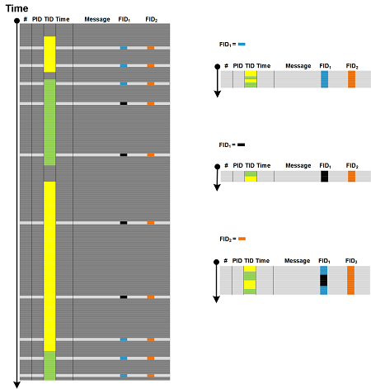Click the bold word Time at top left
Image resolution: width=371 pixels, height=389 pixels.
tap(16, 8)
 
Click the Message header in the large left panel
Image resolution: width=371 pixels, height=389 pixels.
tap(97, 19)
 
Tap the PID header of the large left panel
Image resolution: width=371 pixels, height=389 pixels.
tap(37, 19)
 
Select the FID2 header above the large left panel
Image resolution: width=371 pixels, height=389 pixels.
tap(152, 19)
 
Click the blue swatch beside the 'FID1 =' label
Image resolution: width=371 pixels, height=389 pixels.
tap(242, 44)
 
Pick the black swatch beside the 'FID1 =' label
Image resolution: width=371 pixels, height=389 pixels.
tap(241, 145)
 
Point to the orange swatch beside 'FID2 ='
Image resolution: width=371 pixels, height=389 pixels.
tap(242, 239)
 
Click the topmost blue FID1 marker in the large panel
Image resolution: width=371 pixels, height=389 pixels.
tap(124, 48)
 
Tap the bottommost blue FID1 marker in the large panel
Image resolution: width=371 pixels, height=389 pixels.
tap(124, 376)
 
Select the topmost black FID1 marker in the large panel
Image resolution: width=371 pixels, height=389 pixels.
tap(124, 103)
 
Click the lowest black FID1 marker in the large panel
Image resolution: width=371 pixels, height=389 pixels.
tap(124, 297)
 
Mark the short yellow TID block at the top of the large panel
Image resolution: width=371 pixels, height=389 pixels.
tap(49, 55)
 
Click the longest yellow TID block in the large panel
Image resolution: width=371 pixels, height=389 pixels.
tap(49, 266)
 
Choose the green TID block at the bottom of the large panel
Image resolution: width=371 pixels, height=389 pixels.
tap(49, 366)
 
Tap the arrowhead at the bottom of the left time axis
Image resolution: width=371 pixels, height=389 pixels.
tap(17, 385)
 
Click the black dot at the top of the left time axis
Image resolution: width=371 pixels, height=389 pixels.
tap(16, 21)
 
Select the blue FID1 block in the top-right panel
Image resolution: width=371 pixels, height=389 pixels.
tap(325, 79)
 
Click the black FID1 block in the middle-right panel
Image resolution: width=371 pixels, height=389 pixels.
tap(325, 176)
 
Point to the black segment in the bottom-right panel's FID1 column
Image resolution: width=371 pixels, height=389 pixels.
tap(324, 280)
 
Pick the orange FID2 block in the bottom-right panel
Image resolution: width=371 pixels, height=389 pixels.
tap(350, 280)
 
